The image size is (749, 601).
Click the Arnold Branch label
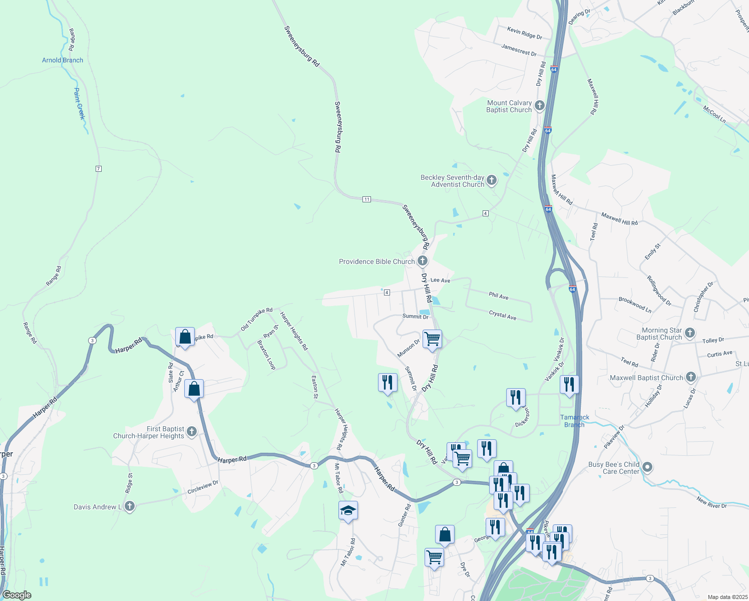click(x=63, y=60)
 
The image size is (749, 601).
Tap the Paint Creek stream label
click(x=79, y=104)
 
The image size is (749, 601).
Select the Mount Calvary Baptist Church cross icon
click(x=539, y=105)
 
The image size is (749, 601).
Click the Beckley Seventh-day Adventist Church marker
click(x=491, y=180)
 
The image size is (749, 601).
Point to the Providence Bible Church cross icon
click(x=423, y=260)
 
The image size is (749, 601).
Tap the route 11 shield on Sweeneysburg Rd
click(x=367, y=199)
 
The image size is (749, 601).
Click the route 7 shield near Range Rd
click(x=99, y=169)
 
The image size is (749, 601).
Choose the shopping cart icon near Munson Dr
click(x=432, y=339)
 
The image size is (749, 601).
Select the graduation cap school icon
click(x=348, y=511)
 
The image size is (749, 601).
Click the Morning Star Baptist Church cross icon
click(x=690, y=333)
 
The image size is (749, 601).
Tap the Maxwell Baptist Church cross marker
click(x=690, y=377)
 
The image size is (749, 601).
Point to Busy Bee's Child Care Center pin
click(x=647, y=468)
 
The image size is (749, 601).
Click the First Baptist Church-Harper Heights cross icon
click(x=191, y=432)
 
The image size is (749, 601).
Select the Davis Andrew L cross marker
click(x=129, y=506)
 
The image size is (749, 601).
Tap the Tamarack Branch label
click(x=575, y=421)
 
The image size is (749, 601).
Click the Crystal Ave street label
click(x=502, y=315)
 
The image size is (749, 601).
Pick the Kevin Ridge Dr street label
click(x=525, y=34)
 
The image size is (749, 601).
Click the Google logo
click(x=17, y=595)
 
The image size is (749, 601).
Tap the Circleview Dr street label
click(x=203, y=487)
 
